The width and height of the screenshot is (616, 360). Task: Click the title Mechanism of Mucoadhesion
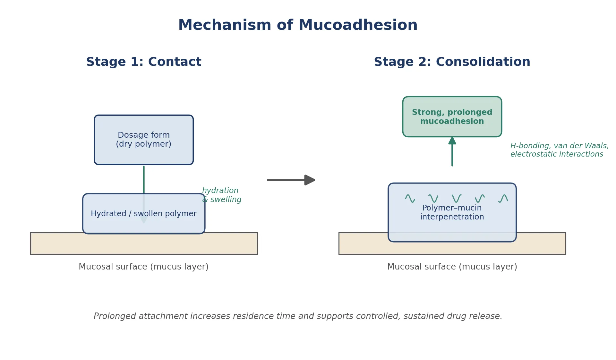(x=298, y=25)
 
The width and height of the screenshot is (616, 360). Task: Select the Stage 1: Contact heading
(x=144, y=62)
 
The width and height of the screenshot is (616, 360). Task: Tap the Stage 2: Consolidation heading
(x=452, y=62)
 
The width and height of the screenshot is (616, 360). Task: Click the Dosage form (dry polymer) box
(x=144, y=140)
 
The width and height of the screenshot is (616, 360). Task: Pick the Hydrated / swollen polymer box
(x=144, y=214)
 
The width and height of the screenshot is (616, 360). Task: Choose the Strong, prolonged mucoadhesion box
(x=452, y=117)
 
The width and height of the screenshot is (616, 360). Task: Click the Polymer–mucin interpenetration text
(x=452, y=212)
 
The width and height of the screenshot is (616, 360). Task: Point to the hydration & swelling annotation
(x=222, y=195)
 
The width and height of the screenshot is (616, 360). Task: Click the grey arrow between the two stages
(x=291, y=180)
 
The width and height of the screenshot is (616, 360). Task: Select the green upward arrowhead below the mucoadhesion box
(x=452, y=141)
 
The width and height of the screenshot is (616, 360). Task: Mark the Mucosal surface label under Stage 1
(x=144, y=267)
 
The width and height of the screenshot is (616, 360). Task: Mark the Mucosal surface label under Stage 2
(x=452, y=267)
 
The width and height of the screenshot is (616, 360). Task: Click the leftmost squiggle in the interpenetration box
(x=410, y=199)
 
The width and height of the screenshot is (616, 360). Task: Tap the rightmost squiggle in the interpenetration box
(x=503, y=199)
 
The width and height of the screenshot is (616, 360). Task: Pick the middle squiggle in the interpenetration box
(x=457, y=199)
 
